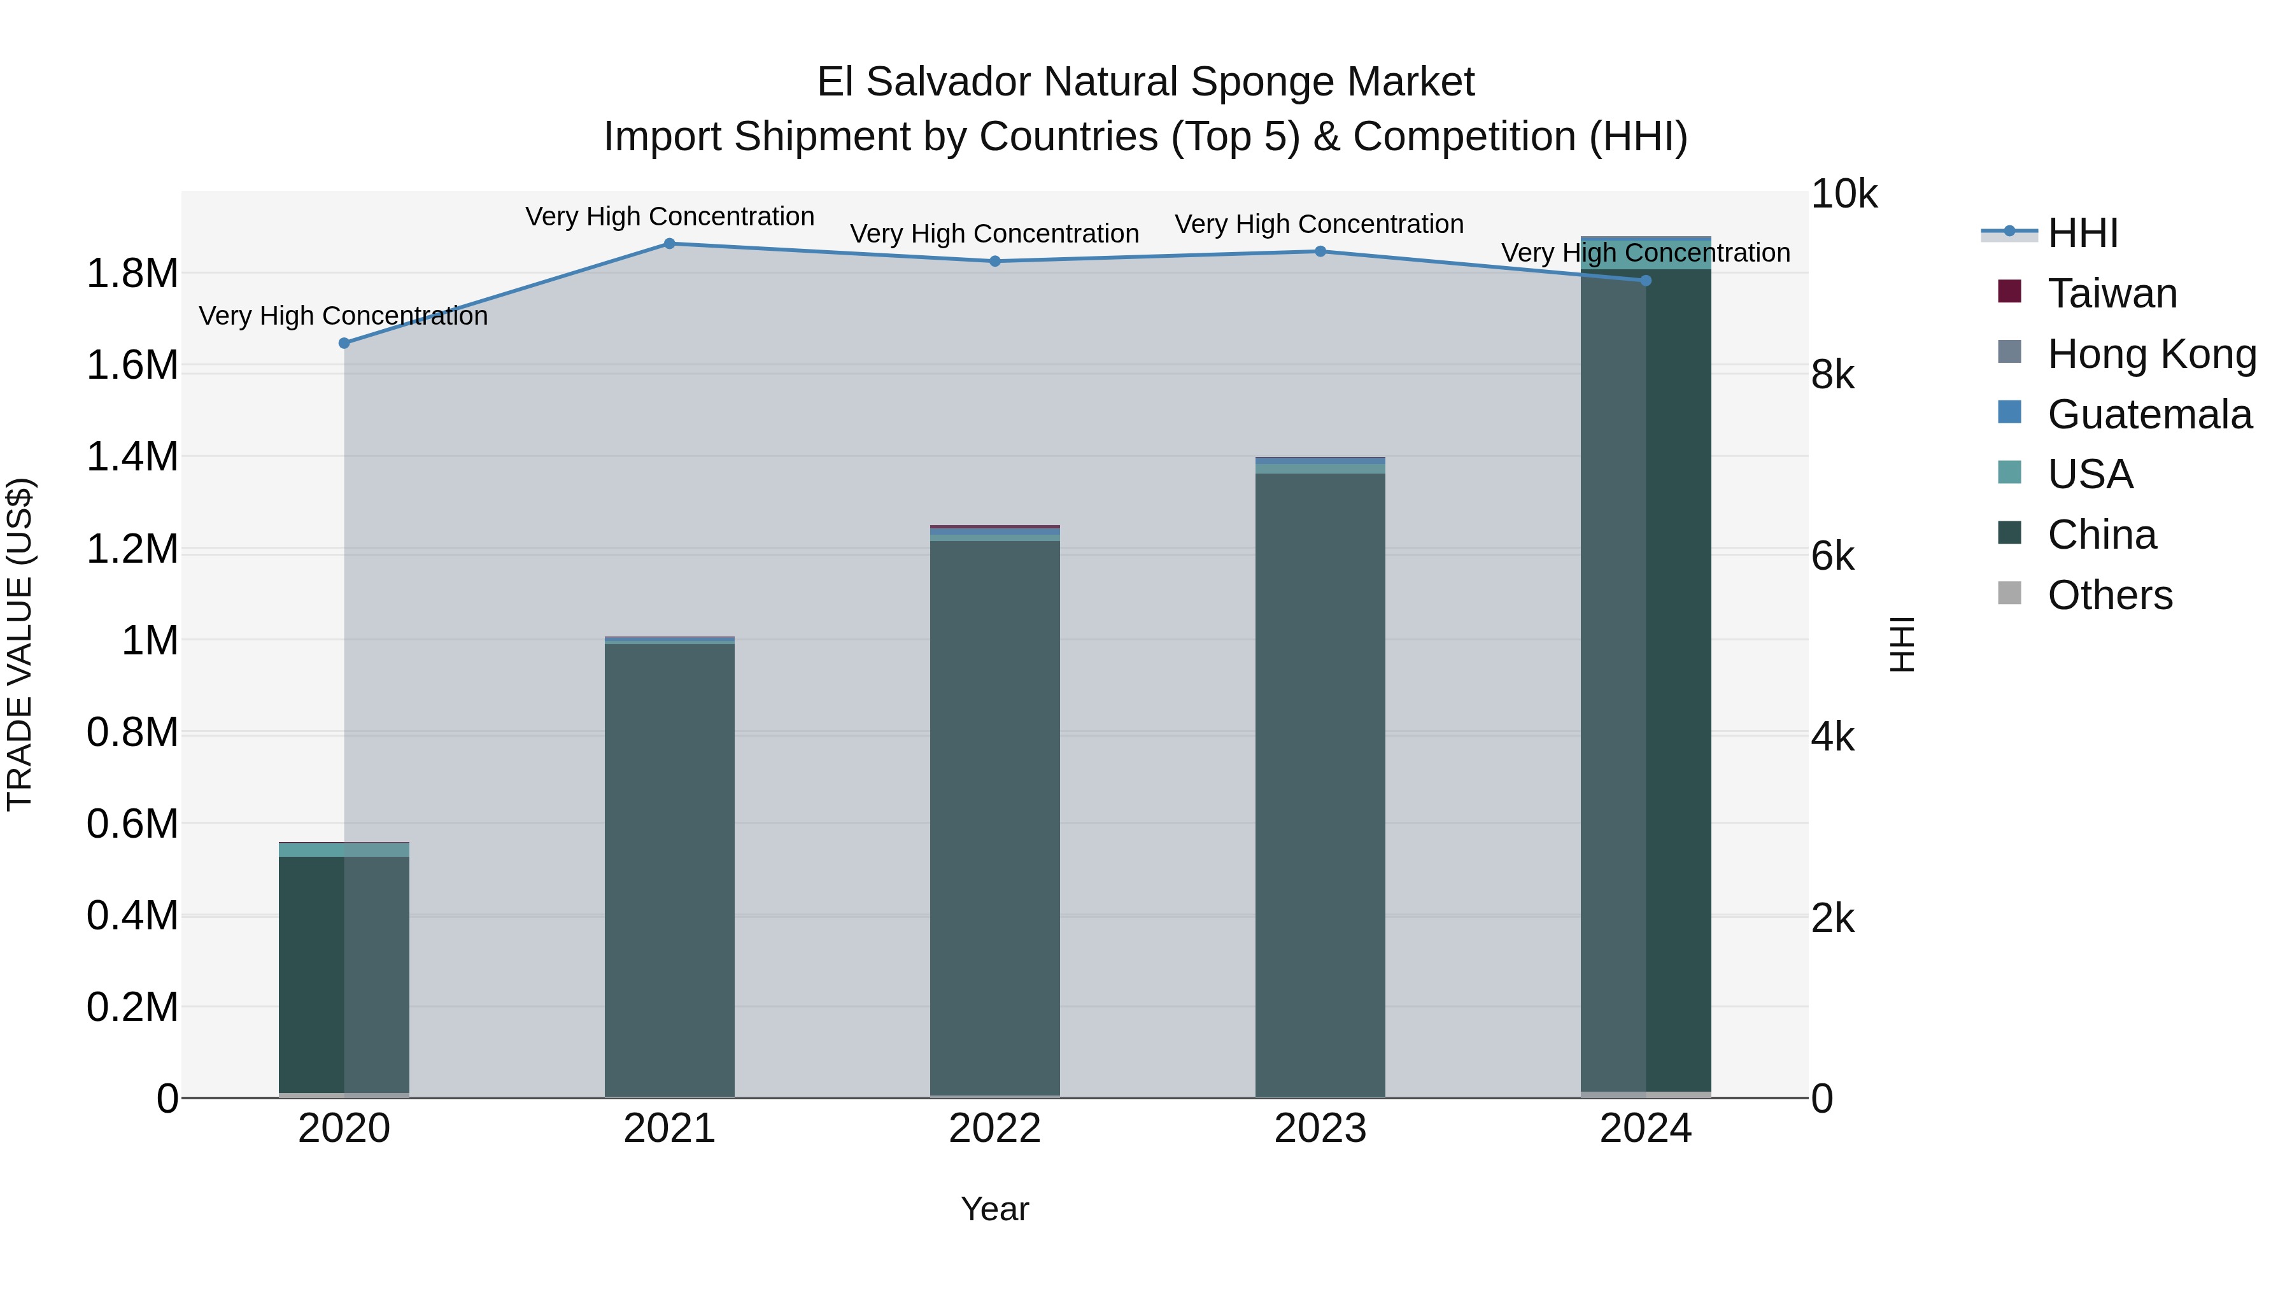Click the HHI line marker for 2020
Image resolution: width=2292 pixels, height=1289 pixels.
pyautogui.click(x=344, y=343)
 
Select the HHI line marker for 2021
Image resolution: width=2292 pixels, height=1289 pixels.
pyautogui.click(x=670, y=244)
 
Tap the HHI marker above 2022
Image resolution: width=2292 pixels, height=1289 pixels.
pyautogui.click(x=994, y=262)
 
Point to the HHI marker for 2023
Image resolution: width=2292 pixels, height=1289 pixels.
pyautogui.click(x=1320, y=251)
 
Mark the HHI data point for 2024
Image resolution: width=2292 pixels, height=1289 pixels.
pyautogui.click(x=1645, y=281)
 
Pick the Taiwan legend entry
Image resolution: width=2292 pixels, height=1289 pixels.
pyautogui.click(x=2111, y=293)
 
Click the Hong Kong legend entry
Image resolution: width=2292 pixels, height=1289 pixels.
pyautogui.click(x=2151, y=354)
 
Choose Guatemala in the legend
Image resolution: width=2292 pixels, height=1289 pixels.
pyautogui.click(x=2149, y=414)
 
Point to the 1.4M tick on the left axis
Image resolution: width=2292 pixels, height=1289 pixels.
pyautogui.click(x=132, y=457)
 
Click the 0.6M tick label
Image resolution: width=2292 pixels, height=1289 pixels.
pyautogui.click(x=132, y=824)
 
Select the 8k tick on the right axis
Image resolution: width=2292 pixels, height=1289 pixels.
pyautogui.click(x=1833, y=376)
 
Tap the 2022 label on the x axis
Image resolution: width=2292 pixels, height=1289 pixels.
pyautogui.click(x=994, y=1129)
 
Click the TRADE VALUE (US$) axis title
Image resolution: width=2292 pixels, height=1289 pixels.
pyautogui.click(x=20, y=644)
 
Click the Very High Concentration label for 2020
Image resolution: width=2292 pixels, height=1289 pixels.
pyautogui.click(x=343, y=316)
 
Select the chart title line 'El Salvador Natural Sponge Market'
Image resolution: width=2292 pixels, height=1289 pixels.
pyautogui.click(x=1145, y=82)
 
